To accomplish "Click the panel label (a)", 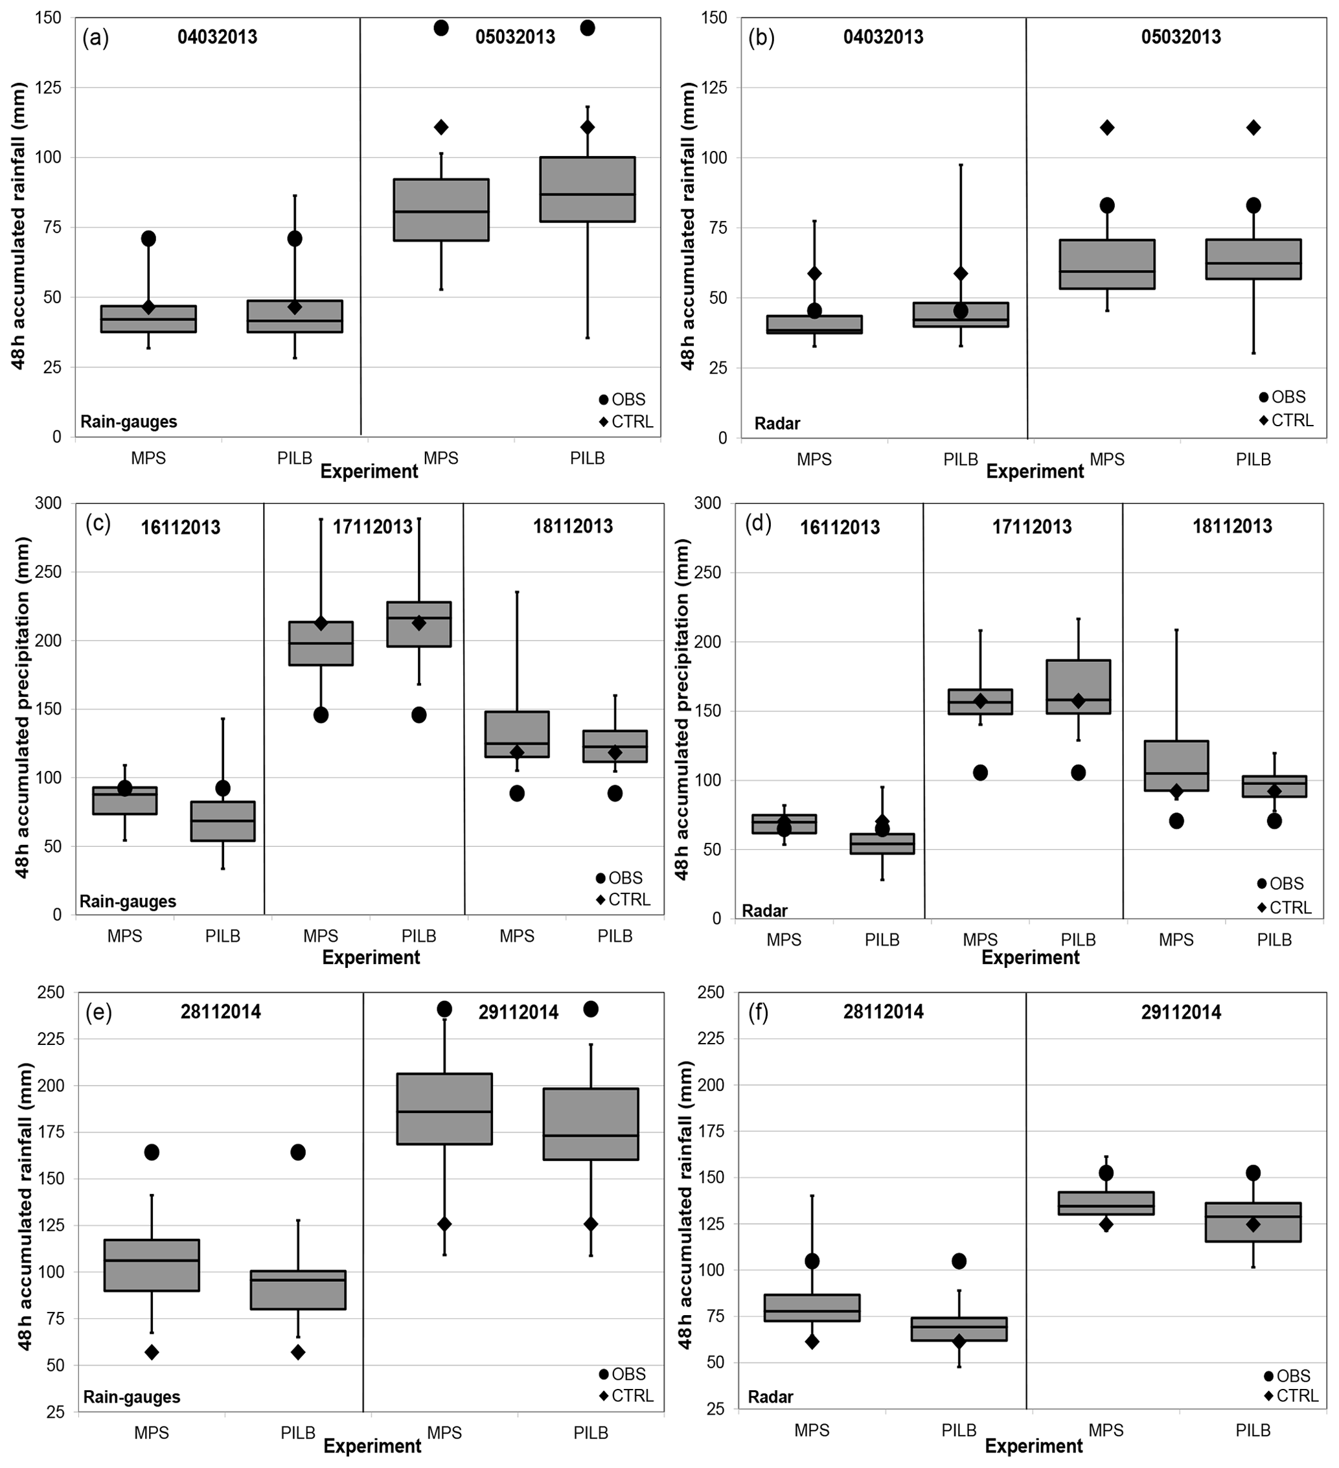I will (95, 38).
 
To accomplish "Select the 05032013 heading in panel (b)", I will (1180, 37).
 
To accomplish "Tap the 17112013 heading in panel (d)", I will (1031, 527).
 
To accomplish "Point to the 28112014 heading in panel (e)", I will (221, 1011).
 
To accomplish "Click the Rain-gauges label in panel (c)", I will (128, 902).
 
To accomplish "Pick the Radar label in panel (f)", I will (770, 1397).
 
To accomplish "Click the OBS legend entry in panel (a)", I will (623, 399).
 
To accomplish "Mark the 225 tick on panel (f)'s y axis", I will (711, 1038).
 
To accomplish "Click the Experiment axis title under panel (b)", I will (1035, 472).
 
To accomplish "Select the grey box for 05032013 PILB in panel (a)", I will (587, 189).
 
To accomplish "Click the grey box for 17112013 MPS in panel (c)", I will (321, 643).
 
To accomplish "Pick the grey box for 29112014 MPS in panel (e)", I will (444, 1108).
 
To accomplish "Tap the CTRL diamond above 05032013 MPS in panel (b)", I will (1106, 128).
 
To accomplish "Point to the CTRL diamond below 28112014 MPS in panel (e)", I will (152, 1352).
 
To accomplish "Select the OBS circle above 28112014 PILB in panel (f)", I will (959, 1261).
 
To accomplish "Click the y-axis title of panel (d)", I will (681, 708).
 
